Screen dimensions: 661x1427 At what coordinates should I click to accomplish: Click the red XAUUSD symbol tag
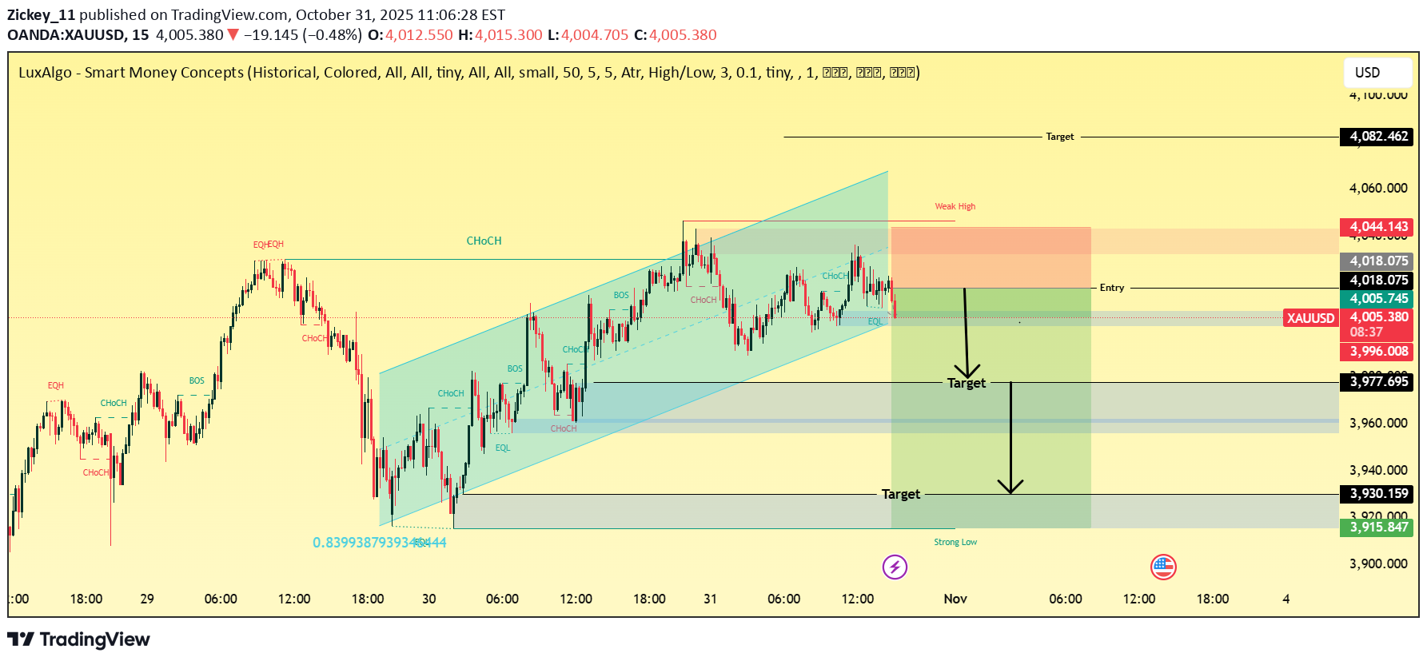click(1310, 318)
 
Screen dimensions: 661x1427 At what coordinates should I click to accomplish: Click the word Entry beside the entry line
click(1111, 288)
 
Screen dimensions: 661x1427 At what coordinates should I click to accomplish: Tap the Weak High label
click(955, 206)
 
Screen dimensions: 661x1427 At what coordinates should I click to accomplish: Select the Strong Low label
click(955, 542)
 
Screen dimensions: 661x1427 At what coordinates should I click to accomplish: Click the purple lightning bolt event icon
click(895, 567)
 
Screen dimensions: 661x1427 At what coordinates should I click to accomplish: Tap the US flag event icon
click(1162, 567)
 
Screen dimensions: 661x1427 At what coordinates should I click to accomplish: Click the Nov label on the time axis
click(955, 599)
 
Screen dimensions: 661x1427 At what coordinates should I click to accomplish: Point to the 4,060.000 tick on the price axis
click(1377, 189)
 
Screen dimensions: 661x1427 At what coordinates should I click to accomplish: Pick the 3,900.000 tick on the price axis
click(1377, 564)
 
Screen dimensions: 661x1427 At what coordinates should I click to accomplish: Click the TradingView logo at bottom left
click(78, 639)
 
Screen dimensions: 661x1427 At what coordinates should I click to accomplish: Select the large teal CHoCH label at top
click(484, 241)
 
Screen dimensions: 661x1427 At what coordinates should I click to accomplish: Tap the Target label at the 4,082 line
click(1059, 137)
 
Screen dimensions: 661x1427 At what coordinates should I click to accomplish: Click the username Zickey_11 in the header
click(41, 14)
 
